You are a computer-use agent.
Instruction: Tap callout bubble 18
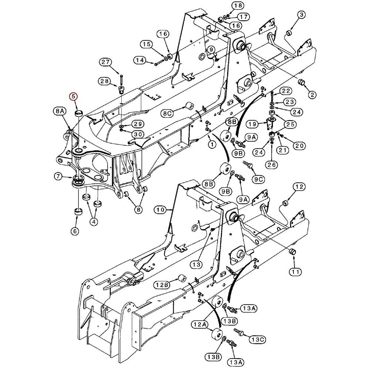238,6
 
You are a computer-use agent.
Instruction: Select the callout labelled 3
302,15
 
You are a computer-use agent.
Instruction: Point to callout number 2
312,95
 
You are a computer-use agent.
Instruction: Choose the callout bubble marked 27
106,62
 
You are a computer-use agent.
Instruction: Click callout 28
104,81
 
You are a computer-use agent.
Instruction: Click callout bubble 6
75,231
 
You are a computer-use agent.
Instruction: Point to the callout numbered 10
160,210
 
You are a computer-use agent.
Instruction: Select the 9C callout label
259,179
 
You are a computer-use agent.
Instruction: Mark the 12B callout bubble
162,285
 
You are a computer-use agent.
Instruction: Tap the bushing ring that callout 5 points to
79,113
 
